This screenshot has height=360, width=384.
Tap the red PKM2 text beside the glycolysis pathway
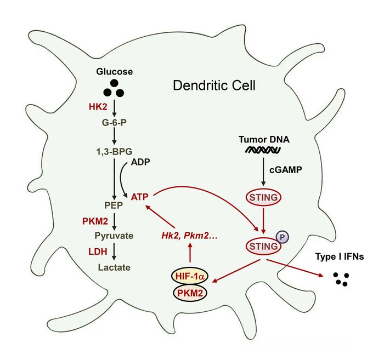(x=94, y=221)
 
